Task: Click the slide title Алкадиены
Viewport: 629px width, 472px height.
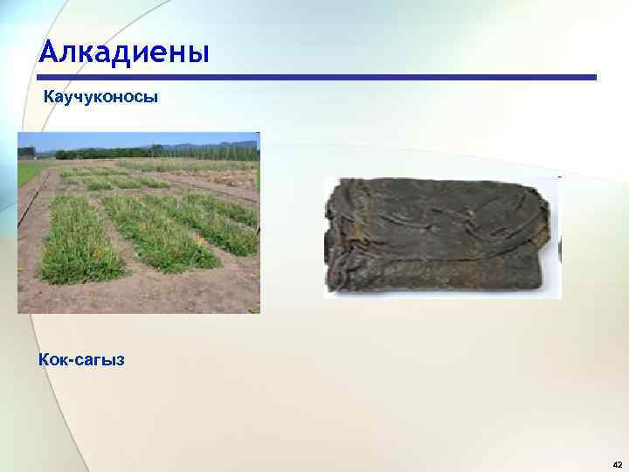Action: click(x=124, y=52)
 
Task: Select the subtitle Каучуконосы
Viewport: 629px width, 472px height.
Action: click(x=101, y=97)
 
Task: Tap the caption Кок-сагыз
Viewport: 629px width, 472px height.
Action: click(x=81, y=358)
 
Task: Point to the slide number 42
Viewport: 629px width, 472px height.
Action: click(x=616, y=463)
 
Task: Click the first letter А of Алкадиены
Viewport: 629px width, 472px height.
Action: click(x=49, y=52)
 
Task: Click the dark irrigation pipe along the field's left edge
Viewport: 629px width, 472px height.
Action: click(x=31, y=205)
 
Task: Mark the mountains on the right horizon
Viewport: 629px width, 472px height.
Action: click(x=210, y=146)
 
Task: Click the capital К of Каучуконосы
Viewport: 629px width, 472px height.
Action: click(x=50, y=97)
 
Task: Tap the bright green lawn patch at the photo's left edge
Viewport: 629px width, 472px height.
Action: click(x=26, y=172)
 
